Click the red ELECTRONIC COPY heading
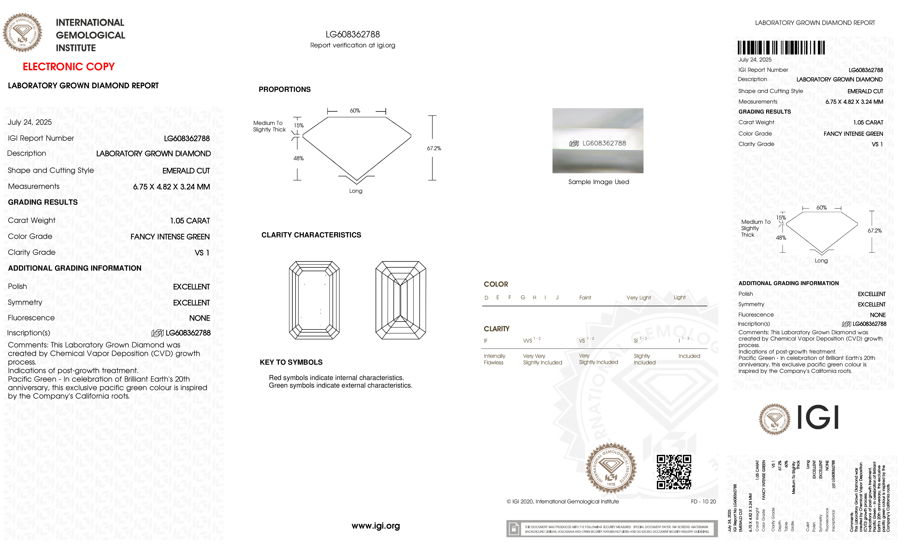[69, 67]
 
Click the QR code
[674, 472]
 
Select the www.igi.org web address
[376, 526]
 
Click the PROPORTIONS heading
[284, 89]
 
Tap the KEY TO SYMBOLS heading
[291, 362]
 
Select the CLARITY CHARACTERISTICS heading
[311, 235]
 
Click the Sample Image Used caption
[598, 182]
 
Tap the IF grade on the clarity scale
[486, 341]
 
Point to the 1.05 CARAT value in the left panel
[190, 221]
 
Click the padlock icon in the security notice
[513, 529]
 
